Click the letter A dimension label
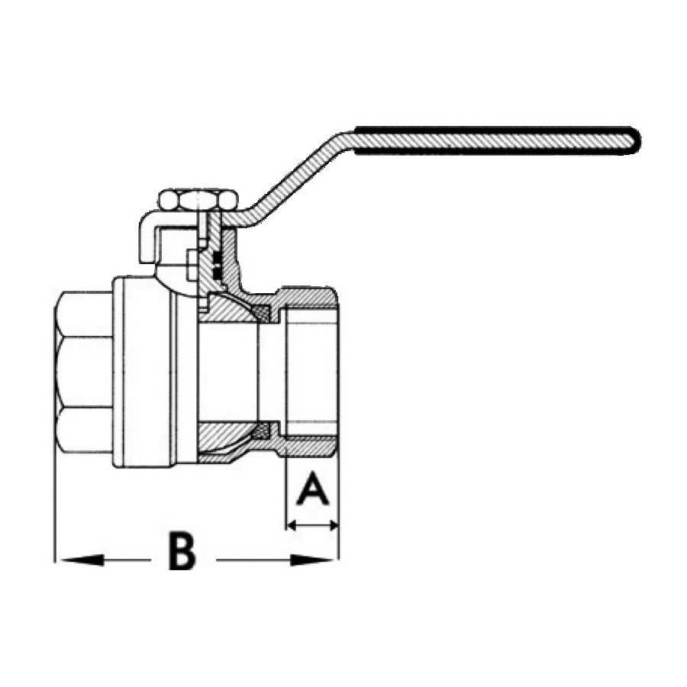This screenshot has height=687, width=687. point(312,489)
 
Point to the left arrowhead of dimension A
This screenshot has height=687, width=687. point(292,524)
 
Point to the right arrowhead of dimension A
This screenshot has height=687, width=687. point(333,524)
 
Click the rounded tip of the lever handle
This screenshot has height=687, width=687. point(634,141)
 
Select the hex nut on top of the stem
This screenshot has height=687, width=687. point(198,200)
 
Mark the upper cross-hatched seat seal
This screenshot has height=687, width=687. point(263,312)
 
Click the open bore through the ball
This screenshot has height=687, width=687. point(227,373)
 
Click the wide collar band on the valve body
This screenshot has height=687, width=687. point(144,373)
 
